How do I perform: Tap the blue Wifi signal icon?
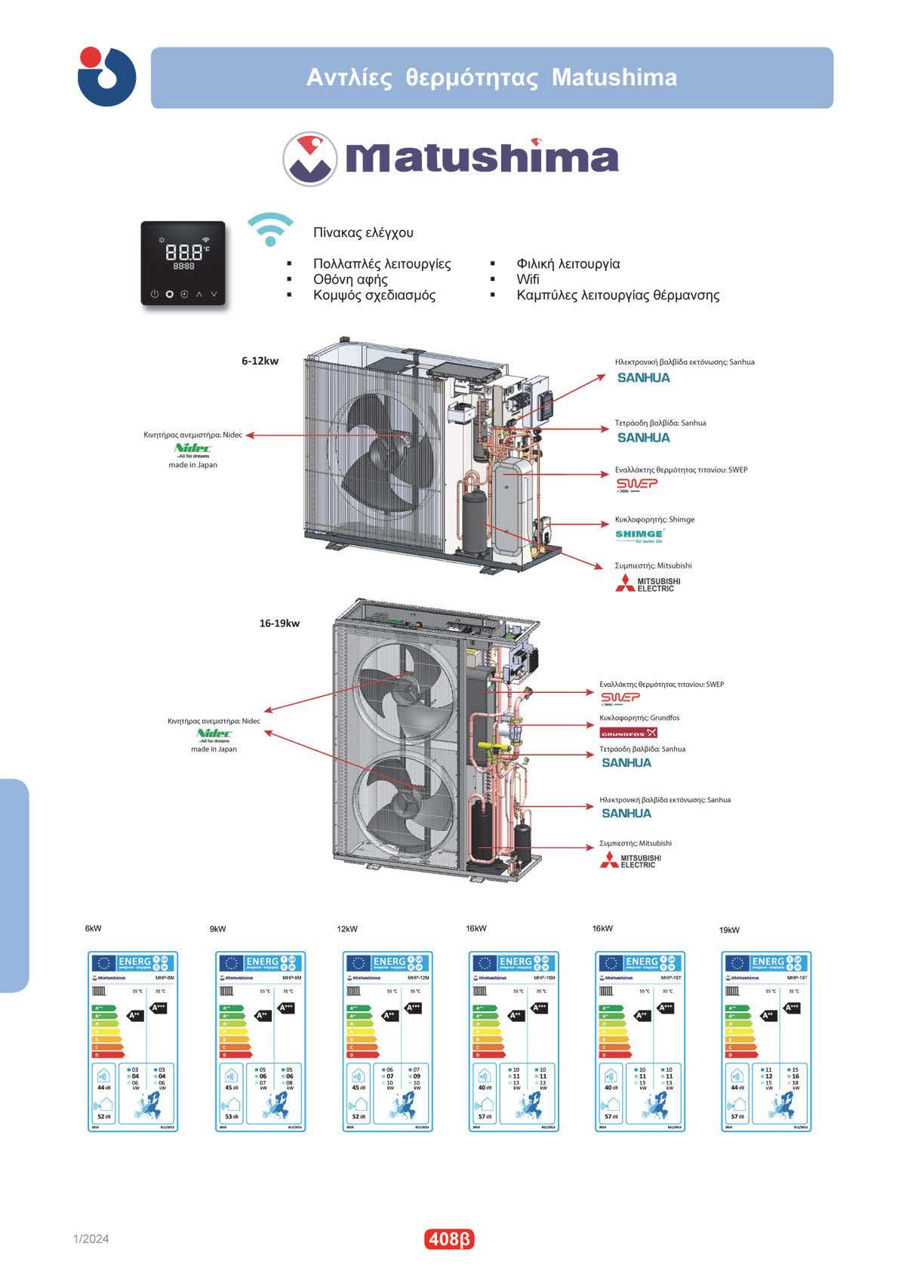[x=270, y=229]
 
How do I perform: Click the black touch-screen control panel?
[x=183, y=263]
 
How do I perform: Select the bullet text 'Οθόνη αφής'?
[x=350, y=279]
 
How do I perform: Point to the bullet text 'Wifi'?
[x=528, y=279]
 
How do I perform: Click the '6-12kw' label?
[x=260, y=361]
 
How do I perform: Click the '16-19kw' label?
[x=279, y=623]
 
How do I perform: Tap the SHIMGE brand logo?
[x=639, y=535]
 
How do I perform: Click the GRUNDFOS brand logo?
[x=628, y=733]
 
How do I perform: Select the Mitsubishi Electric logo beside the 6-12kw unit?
[x=648, y=583]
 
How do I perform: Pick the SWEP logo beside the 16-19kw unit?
[x=620, y=698]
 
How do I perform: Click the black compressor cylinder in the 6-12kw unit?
[x=476, y=522]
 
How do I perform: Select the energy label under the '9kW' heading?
[x=261, y=1041]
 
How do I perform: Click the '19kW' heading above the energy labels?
[x=729, y=930]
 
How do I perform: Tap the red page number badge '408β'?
[x=449, y=1239]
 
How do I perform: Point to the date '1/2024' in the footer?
[x=91, y=1239]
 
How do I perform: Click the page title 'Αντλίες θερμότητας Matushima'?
[x=491, y=78]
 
